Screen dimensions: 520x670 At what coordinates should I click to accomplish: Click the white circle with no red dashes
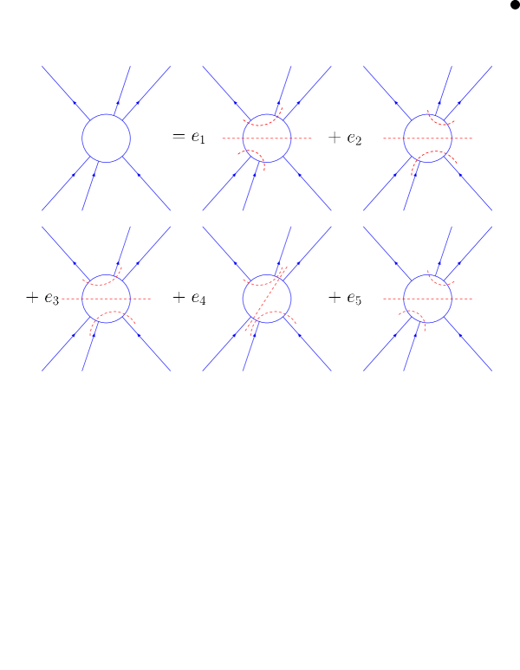(x=107, y=139)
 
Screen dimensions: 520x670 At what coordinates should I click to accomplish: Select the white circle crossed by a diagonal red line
(x=267, y=299)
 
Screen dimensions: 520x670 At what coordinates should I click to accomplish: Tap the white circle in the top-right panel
(x=427, y=139)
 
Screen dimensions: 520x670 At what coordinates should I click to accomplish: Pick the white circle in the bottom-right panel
(x=427, y=299)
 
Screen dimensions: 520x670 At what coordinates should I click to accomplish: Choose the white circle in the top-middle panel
(x=267, y=139)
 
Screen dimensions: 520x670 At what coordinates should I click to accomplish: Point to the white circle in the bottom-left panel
(x=107, y=299)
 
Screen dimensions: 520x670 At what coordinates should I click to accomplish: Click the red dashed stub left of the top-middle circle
(x=231, y=139)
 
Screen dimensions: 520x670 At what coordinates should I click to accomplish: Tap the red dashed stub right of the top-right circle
(x=463, y=139)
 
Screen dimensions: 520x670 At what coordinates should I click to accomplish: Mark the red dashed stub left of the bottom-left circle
(x=71, y=299)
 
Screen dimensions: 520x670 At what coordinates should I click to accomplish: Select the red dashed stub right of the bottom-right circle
(x=463, y=299)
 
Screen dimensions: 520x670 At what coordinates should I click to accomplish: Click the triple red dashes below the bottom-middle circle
(x=250, y=327)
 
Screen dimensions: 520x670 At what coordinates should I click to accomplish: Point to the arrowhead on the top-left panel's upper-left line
(x=75, y=104)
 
